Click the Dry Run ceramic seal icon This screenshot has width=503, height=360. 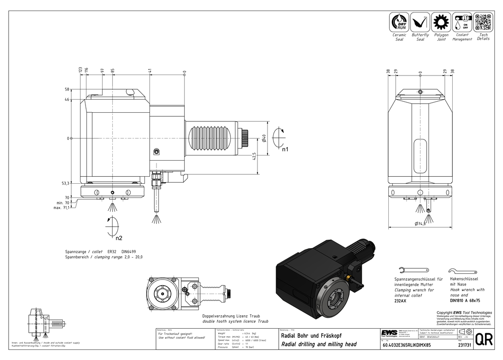(x=400, y=23)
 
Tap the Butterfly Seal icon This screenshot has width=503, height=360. (x=420, y=23)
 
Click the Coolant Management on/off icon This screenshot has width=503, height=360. (x=462, y=23)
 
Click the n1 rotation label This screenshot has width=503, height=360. (x=285, y=150)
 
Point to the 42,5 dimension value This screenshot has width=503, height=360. (x=255, y=158)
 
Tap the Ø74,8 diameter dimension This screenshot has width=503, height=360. (x=421, y=224)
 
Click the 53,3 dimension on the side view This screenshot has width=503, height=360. (x=66, y=184)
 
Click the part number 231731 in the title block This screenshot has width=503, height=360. (x=465, y=346)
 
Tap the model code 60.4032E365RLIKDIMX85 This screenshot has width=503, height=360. (x=406, y=346)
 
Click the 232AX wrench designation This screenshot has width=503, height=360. (x=401, y=300)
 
